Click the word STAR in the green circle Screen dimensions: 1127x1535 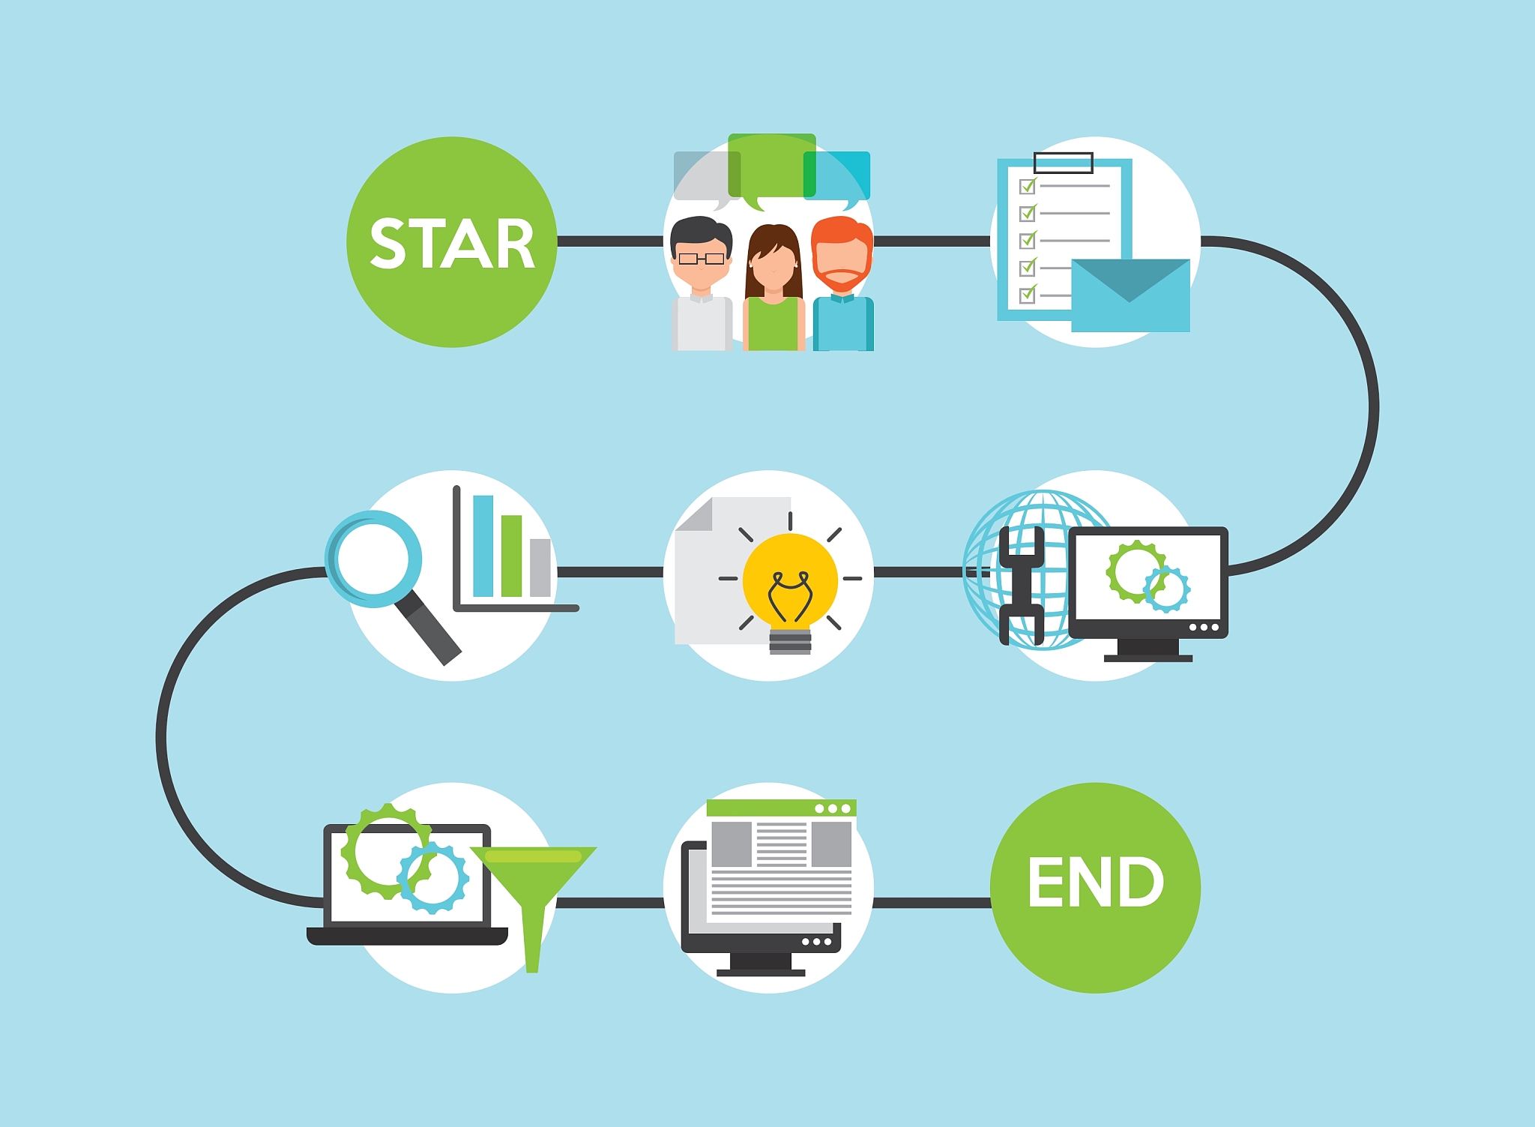click(x=452, y=244)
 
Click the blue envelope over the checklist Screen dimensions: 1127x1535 click(x=1130, y=296)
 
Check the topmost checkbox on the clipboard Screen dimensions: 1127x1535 click(x=1028, y=185)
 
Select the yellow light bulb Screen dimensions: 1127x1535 click(x=790, y=581)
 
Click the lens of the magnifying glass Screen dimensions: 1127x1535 click(x=373, y=559)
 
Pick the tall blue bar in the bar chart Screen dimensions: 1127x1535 click(x=483, y=546)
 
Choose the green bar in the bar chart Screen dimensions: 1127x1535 click(x=511, y=556)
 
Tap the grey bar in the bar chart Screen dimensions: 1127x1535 click(x=540, y=568)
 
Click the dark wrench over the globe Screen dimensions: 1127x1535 click(x=1021, y=585)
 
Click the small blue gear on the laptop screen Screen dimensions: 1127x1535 click(x=433, y=877)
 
